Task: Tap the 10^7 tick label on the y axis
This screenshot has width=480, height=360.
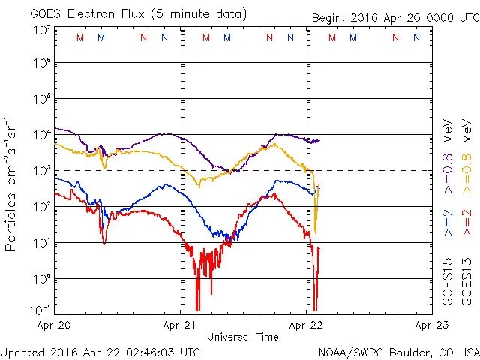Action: (41, 29)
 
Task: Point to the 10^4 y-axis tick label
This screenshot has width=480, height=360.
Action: (41, 134)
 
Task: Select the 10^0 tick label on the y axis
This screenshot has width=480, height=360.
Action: (41, 278)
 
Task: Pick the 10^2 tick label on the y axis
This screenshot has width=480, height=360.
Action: (41, 206)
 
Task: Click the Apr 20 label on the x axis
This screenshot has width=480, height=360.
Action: (53, 325)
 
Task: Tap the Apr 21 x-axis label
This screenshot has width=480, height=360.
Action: (180, 325)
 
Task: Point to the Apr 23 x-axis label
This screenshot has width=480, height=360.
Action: (431, 325)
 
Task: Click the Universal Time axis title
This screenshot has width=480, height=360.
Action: (243, 337)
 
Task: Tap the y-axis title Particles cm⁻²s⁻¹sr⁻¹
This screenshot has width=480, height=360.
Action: (11, 183)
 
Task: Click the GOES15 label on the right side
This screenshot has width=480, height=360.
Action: (447, 280)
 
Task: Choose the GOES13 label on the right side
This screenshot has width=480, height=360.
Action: (466, 280)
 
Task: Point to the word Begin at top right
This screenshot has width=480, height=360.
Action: (328, 18)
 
